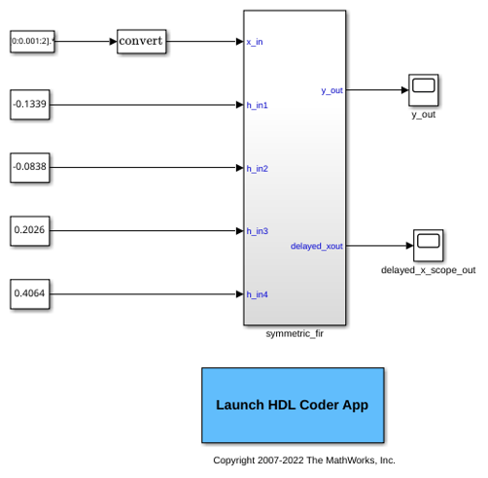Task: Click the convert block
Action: pyautogui.click(x=142, y=42)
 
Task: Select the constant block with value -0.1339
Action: pyautogui.click(x=30, y=105)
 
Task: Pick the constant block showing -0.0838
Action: pyautogui.click(x=30, y=168)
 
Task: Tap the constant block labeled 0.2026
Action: pyautogui.click(x=30, y=231)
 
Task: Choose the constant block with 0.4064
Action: pyautogui.click(x=30, y=294)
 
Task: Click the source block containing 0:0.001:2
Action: pyautogui.click(x=32, y=42)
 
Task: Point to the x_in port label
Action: pyautogui.click(x=255, y=42)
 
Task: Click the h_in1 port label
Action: pyautogui.click(x=257, y=105)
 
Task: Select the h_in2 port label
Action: pyautogui.click(x=257, y=168)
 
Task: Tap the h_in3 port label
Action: pyautogui.click(x=257, y=231)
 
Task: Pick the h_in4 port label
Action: pyautogui.click(x=257, y=294)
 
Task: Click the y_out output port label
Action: pyautogui.click(x=331, y=90)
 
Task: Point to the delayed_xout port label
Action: pyautogui.click(x=317, y=246)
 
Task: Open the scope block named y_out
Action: pyautogui.click(x=424, y=90)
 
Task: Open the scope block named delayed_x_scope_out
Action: pyautogui.click(x=429, y=246)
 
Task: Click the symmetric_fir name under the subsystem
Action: pyautogui.click(x=295, y=333)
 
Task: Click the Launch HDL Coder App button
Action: pyautogui.click(x=293, y=405)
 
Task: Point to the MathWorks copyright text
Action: pyautogui.click(x=304, y=461)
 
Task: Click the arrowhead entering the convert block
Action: pyautogui.click(x=113, y=42)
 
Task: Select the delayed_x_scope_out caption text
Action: pyautogui.click(x=428, y=270)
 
